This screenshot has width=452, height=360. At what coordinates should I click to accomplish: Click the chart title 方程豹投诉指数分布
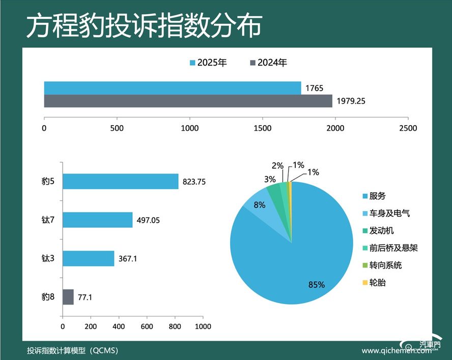(144, 26)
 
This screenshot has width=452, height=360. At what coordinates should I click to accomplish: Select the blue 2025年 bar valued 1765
(173, 88)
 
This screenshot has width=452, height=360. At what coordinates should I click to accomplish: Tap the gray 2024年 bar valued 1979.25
(188, 101)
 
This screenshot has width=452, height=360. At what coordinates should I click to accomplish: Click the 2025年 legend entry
(208, 63)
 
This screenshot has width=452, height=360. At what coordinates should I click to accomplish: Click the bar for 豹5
(120, 182)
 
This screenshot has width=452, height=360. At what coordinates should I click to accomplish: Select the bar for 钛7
(97, 220)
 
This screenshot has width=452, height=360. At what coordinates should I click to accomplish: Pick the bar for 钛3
(88, 258)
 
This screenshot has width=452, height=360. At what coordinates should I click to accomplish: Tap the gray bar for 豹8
(68, 297)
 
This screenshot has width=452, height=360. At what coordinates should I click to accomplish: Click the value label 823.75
(194, 182)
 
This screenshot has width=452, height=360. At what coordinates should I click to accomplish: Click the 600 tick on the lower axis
(147, 326)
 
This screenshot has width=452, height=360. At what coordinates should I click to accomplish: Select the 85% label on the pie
(316, 285)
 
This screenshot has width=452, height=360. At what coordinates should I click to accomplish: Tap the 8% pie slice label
(260, 205)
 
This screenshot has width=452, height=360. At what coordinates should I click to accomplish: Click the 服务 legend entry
(377, 196)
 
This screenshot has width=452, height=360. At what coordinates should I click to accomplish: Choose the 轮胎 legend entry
(377, 282)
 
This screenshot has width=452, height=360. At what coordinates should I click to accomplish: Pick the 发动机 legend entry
(381, 230)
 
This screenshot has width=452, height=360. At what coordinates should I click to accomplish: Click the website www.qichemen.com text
(397, 351)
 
